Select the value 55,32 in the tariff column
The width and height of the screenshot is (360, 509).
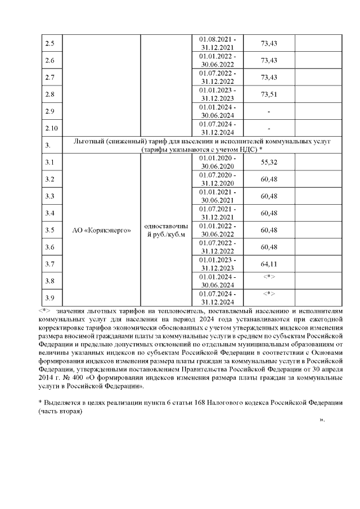click(x=269, y=162)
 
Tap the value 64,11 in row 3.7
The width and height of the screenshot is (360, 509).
click(x=269, y=263)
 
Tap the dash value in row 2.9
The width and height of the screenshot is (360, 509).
click(x=269, y=111)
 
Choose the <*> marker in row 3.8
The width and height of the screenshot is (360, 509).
click(x=269, y=277)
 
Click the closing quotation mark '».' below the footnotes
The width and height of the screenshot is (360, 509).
click(x=322, y=420)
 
